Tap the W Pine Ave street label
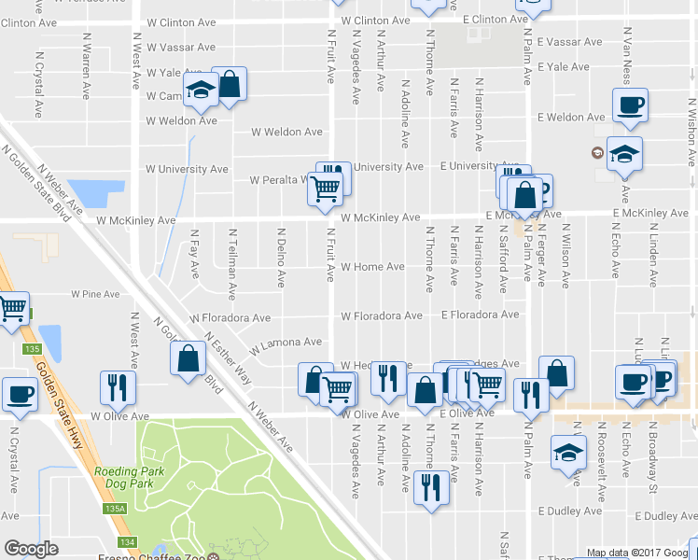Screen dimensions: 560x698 click(x=97, y=293)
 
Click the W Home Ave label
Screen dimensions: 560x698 click(x=372, y=267)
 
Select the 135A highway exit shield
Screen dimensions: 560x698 click(x=115, y=510)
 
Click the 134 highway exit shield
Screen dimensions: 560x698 click(x=128, y=542)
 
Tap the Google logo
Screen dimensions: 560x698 click(x=31, y=549)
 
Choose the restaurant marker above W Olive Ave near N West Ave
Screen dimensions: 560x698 click(x=118, y=385)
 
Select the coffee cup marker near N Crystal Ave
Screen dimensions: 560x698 click(x=19, y=395)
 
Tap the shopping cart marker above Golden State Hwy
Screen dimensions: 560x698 click(x=12, y=308)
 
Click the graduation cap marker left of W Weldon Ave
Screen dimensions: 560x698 click(x=201, y=91)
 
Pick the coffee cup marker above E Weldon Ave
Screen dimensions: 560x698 click(x=630, y=104)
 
